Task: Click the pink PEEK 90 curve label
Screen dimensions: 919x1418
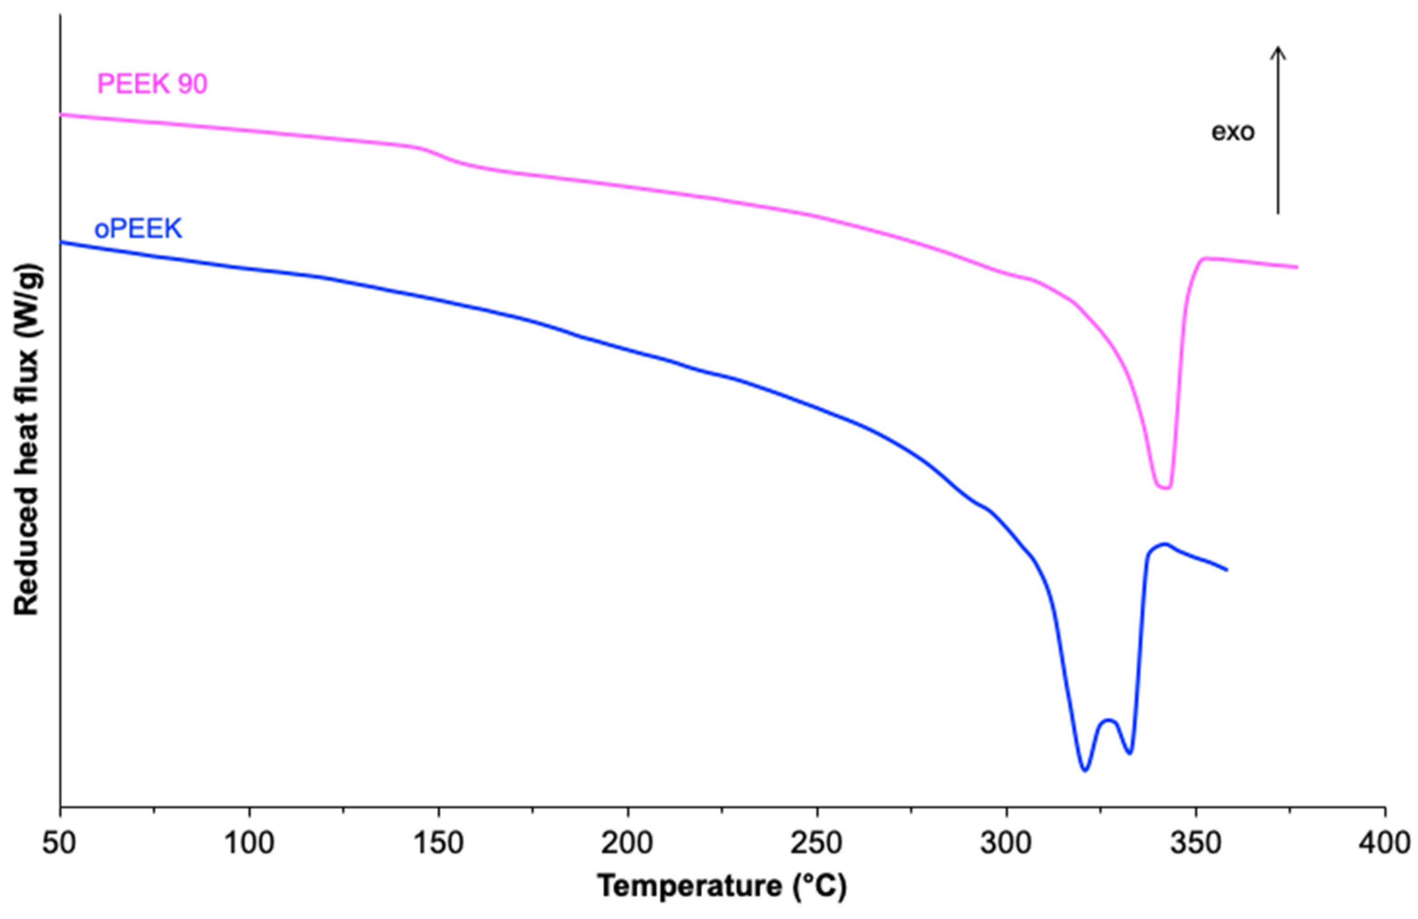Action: pyautogui.click(x=152, y=84)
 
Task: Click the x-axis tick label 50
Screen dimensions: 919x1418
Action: pyautogui.click(x=59, y=845)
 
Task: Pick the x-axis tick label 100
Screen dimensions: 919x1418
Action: pyautogui.click(x=249, y=845)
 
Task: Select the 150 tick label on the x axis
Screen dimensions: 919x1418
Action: pyautogui.click(x=438, y=845)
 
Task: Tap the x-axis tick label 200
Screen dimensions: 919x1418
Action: pyautogui.click(x=628, y=845)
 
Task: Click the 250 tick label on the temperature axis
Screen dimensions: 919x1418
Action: pyautogui.click(x=817, y=845)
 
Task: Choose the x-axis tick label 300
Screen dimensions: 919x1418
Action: pyautogui.click(x=1006, y=845)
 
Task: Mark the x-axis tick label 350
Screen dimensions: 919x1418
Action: pyautogui.click(x=1196, y=845)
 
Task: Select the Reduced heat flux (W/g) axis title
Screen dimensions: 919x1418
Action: pyautogui.click(x=27, y=439)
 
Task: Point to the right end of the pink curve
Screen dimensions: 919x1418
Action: pyautogui.click(x=1297, y=267)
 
